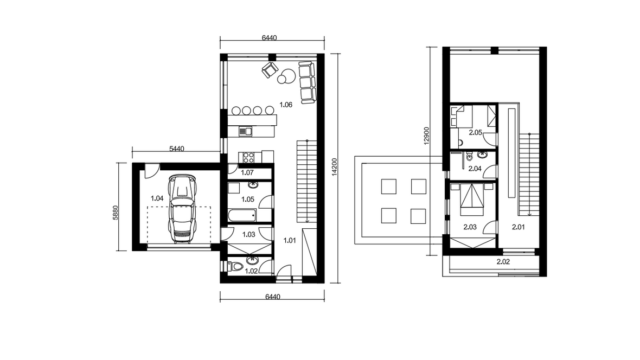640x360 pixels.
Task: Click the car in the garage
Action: (x=182, y=209)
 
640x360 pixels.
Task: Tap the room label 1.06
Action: (x=286, y=105)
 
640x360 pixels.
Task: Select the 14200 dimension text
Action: (x=335, y=167)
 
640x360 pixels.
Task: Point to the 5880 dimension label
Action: (x=115, y=213)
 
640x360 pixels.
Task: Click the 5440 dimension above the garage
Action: (x=177, y=149)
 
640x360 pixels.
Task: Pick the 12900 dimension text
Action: (x=426, y=136)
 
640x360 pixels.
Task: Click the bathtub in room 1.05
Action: (x=242, y=215)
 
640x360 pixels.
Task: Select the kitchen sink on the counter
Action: (x=245, y=131)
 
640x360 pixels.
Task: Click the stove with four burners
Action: (x=248, y=157)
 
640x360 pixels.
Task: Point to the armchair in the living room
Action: (x=270, y=70)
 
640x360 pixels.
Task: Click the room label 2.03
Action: (x=470, y=227)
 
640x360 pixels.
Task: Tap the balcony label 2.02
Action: (x=503, y=262)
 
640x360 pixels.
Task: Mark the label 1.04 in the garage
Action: (x=157, y=199)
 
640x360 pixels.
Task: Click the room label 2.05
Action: (x=476, y=133)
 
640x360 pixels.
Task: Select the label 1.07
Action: (x=247, y=172)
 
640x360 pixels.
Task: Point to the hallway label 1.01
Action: (x=290, y=241)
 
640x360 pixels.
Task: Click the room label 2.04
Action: (x=475, y=169)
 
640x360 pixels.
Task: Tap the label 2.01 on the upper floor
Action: (x=519, y=227)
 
